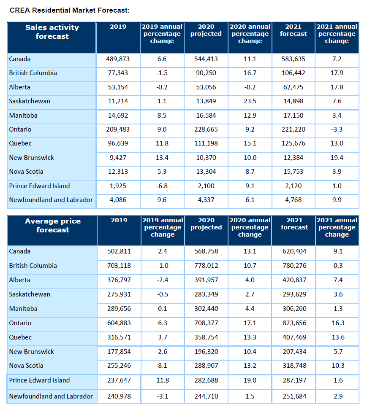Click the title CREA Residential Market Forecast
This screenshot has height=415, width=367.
69,10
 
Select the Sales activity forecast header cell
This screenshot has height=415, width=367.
52,32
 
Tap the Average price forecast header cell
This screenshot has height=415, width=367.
52,226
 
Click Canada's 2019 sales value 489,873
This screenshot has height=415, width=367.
118,59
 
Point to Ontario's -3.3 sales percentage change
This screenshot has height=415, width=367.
337,129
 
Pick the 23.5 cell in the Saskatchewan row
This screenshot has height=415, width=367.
250,101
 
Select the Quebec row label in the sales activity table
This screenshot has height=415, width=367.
20,143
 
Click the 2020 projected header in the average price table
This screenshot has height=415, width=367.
206,224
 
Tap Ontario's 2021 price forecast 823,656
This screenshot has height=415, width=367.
294,323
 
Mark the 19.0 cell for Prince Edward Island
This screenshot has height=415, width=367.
250,380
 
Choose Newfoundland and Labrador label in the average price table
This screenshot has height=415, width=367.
51,396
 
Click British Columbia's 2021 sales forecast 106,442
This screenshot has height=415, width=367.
293,73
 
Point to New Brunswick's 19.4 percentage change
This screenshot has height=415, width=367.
337,158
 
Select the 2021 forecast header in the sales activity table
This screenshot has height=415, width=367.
293,30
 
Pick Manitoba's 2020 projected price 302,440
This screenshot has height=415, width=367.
206,309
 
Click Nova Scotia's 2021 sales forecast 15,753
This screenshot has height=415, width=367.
293,172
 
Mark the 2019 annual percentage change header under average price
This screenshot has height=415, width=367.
162,227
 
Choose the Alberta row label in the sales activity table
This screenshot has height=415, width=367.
19,87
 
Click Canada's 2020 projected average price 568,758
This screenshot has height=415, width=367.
206,251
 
